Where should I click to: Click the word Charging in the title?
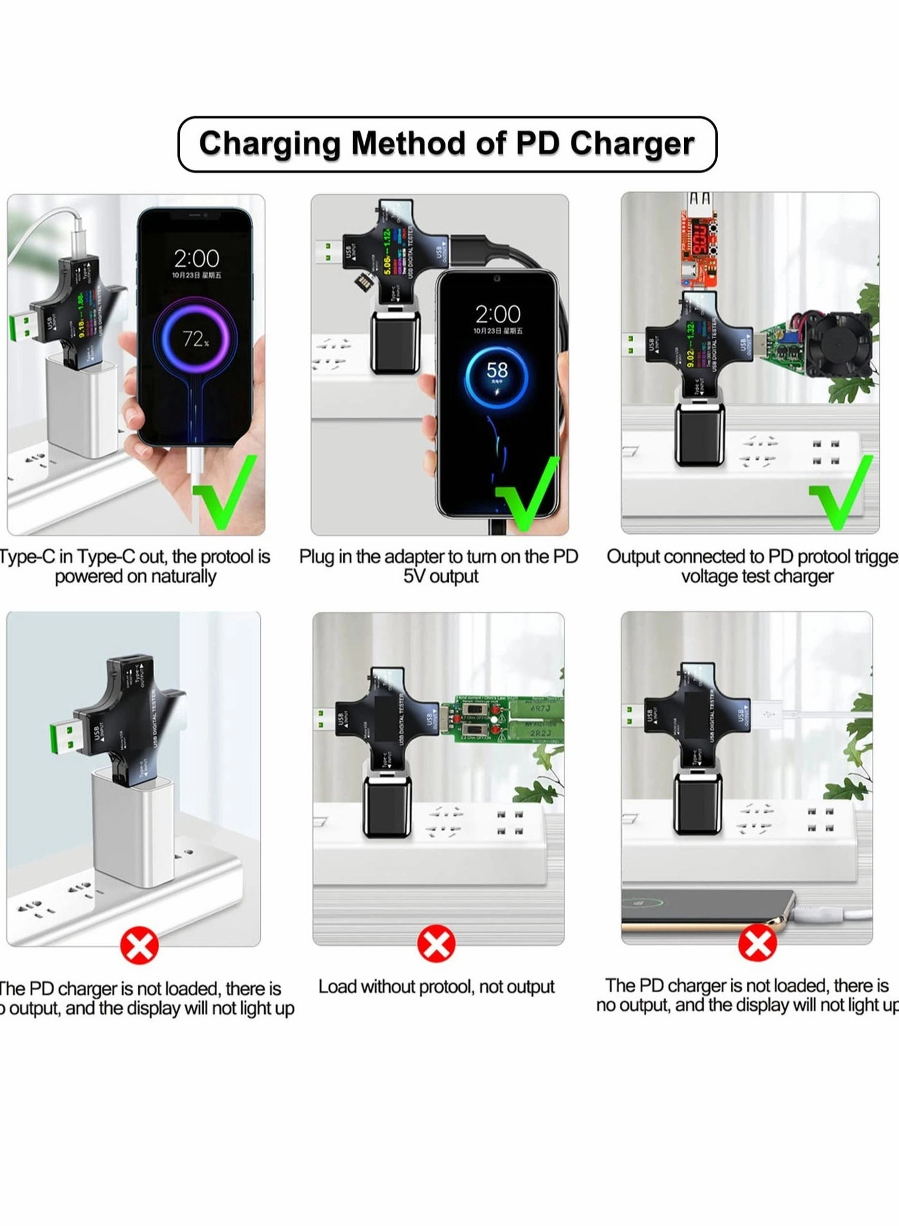270,144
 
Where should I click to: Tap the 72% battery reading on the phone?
195,339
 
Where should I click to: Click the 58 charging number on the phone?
497,371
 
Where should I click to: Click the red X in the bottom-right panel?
758,943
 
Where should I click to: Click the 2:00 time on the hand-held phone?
196,258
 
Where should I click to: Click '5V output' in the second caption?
441,576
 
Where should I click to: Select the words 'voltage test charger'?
757,576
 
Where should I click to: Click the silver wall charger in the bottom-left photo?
132,829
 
